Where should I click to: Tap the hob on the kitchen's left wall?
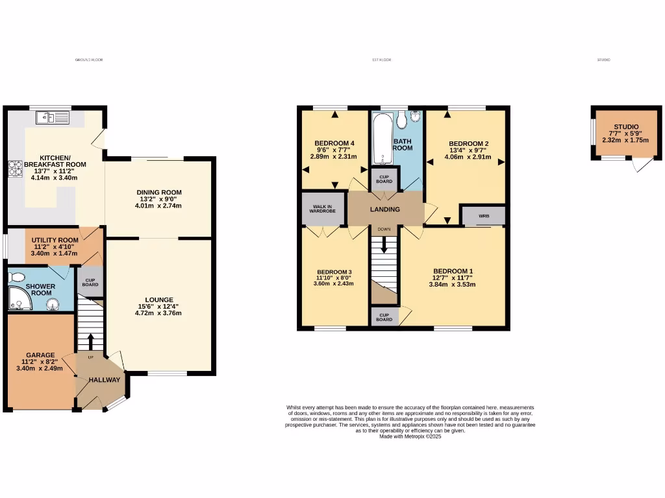coord(14,169)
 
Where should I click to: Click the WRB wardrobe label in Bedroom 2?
coord(483,215)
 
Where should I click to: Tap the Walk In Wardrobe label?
coord(323,209)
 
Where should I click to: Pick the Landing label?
coord(385,209)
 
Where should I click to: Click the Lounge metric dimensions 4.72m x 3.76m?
coord(158,313)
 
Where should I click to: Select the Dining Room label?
coord(158,193)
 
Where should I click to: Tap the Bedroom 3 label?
coord(334,272)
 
